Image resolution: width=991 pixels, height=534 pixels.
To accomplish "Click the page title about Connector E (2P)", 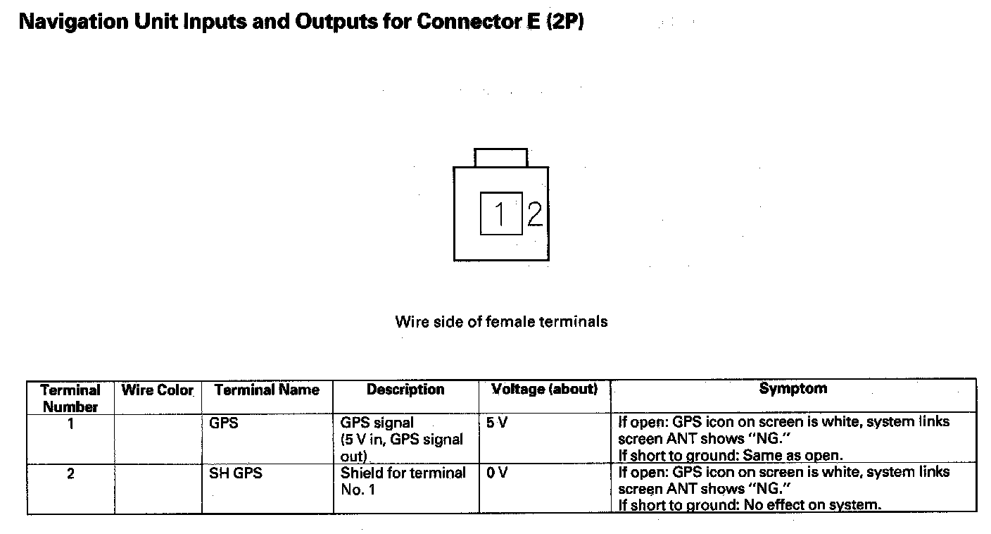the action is point(301,22).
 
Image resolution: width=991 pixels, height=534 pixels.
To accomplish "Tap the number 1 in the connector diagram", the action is point(500,213).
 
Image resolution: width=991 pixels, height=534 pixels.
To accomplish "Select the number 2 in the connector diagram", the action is point(535,213).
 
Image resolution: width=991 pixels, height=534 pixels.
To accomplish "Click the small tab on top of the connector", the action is point(500,157).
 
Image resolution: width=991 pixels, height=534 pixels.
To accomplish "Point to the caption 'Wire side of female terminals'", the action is point(501,322).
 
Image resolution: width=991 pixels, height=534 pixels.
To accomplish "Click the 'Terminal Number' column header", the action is point(70,398).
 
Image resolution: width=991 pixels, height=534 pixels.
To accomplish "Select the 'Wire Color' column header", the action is point(157,390).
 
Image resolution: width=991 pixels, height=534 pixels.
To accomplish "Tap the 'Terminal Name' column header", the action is point(267,390).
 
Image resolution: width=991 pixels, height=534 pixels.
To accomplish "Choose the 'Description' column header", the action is point(405,390).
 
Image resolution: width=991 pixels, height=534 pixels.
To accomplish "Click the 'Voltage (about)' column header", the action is point(544,390).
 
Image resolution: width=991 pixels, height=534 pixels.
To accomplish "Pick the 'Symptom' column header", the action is point(793,389).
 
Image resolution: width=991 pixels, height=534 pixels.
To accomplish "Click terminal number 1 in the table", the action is point(70,424).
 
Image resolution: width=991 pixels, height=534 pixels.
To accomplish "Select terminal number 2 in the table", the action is point(70,473).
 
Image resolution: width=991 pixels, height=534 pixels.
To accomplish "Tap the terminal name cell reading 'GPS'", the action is point(224,424).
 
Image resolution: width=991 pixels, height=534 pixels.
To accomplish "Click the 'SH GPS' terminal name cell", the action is point(235,473).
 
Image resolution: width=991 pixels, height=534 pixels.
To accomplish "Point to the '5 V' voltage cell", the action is point(497,424).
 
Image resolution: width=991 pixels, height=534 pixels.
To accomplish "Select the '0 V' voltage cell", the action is point(496,473).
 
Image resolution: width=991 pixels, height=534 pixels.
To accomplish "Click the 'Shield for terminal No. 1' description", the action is point(403,481).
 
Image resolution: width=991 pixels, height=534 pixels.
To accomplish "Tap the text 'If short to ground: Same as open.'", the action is point(730,455).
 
